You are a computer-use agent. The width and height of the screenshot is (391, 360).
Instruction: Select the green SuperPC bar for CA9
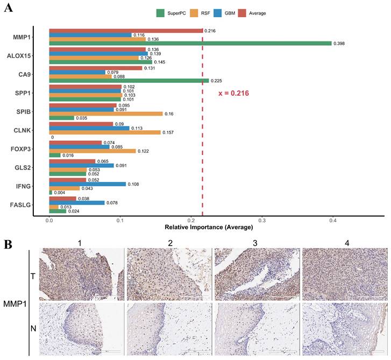[129, 81]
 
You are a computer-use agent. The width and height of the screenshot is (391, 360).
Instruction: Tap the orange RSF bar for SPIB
[105, 114]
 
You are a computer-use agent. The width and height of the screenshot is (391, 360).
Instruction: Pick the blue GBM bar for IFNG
[87, 184]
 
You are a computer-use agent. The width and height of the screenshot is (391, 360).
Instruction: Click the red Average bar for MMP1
[126, 31]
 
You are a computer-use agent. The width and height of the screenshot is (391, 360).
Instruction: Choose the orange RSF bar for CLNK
[104, 132]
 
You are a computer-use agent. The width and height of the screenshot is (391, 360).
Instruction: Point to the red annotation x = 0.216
[233, 93]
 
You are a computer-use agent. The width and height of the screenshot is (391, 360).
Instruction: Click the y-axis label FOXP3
[19, 149]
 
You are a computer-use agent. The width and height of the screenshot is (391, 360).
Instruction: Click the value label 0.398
[340, 44]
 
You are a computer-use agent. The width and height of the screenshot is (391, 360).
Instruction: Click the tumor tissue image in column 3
[257, 275]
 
